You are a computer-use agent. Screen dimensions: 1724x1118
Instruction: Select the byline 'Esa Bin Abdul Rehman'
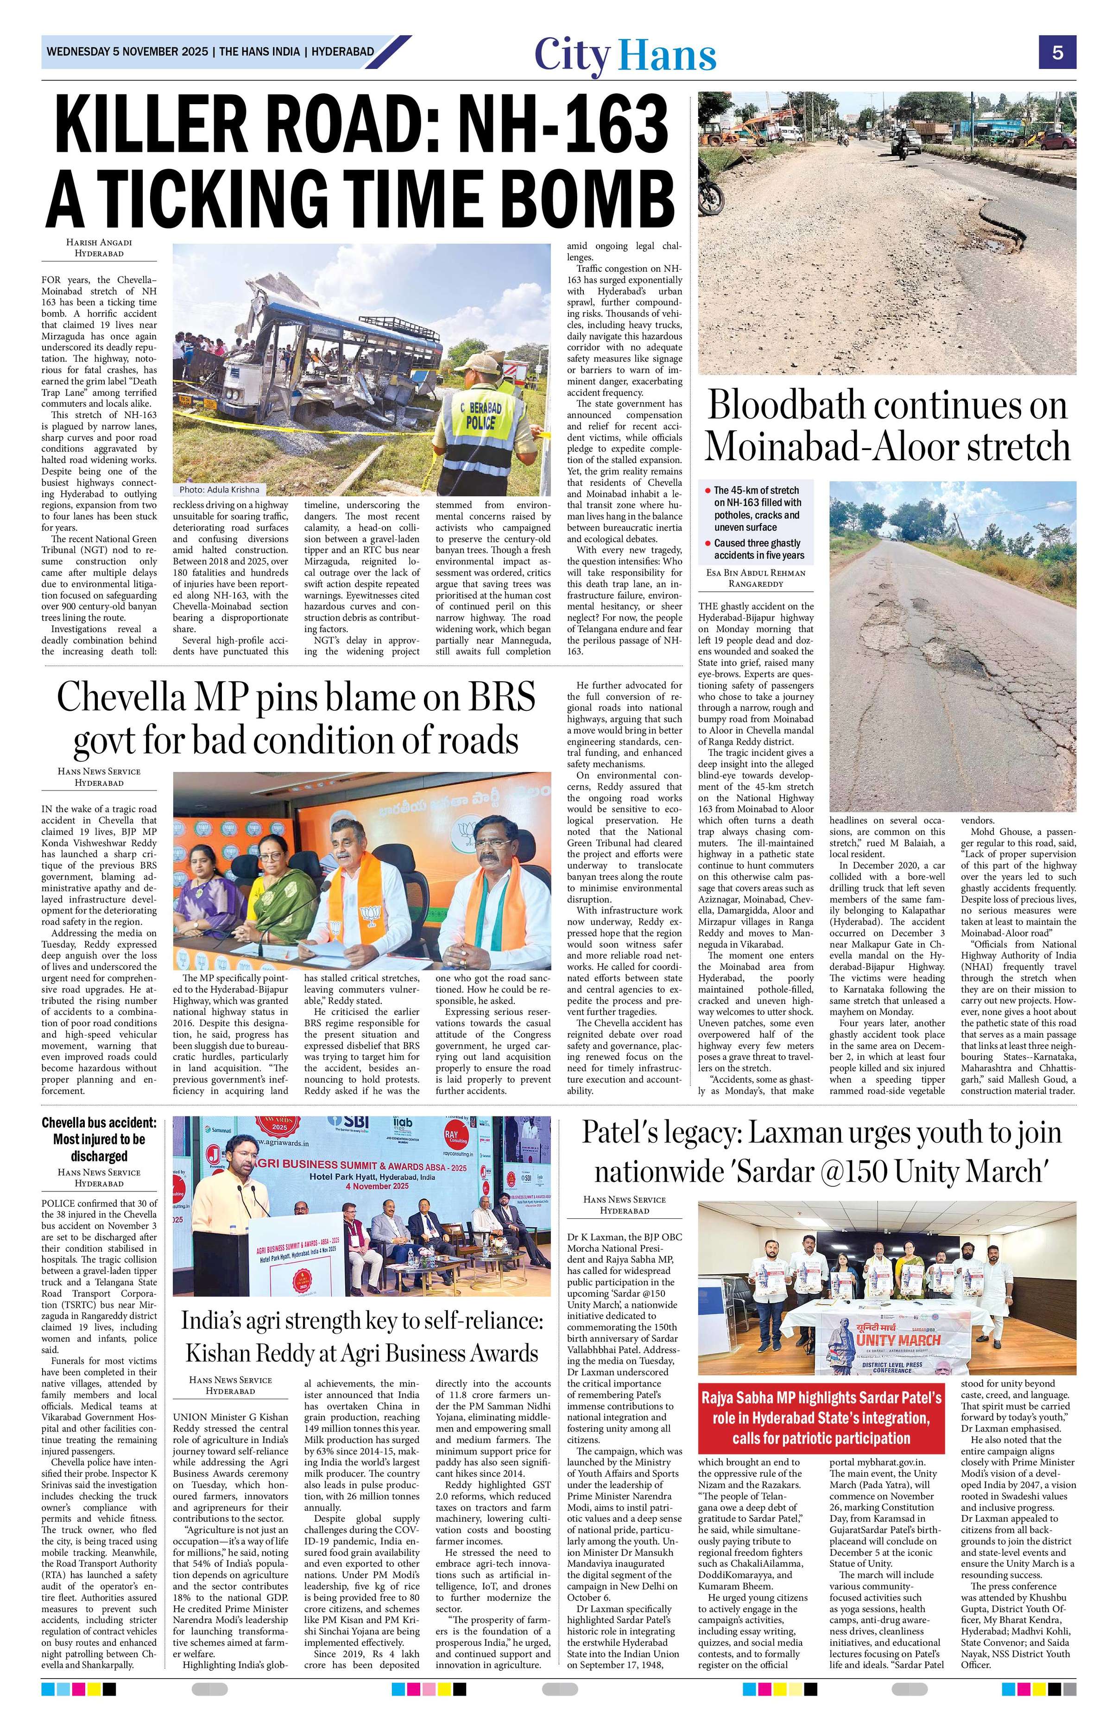tap(752, 572)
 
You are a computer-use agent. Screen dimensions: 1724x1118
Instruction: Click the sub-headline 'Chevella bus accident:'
tap(99, 1123)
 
